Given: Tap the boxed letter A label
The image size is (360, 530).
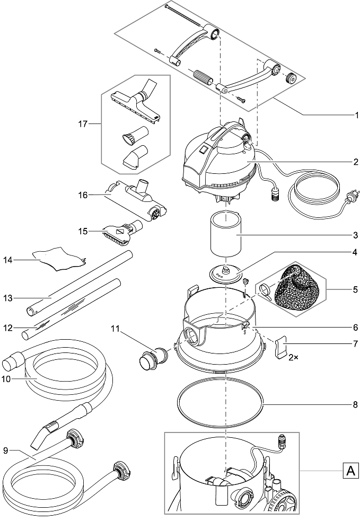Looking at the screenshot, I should point(349,470).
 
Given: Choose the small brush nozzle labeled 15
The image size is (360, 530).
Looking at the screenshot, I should point(121,232).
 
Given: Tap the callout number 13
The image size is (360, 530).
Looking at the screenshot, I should point(8,298).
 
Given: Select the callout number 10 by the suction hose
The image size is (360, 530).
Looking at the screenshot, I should point(8,379).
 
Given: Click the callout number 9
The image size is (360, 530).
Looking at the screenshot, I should point(5,451).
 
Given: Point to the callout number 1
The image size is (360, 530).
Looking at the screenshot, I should point(356,114).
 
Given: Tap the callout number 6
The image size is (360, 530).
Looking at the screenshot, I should point(356,327).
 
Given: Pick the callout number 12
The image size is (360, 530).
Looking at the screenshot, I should point(8,328).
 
